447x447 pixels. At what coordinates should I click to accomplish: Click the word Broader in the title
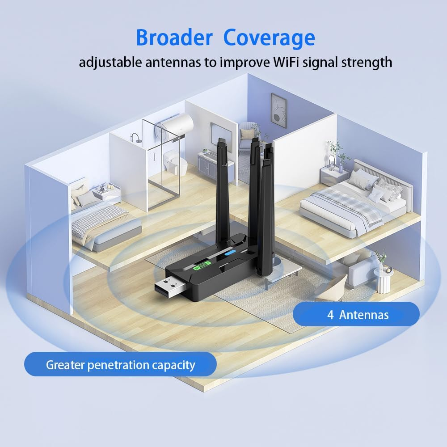coord(174,38)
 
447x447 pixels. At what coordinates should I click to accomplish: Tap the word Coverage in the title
coord(269,38)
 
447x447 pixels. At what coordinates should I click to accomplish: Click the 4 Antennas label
coord(356,314)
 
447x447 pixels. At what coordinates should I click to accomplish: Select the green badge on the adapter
coord(202,267)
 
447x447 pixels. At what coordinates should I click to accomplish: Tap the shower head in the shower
coord(135,136)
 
